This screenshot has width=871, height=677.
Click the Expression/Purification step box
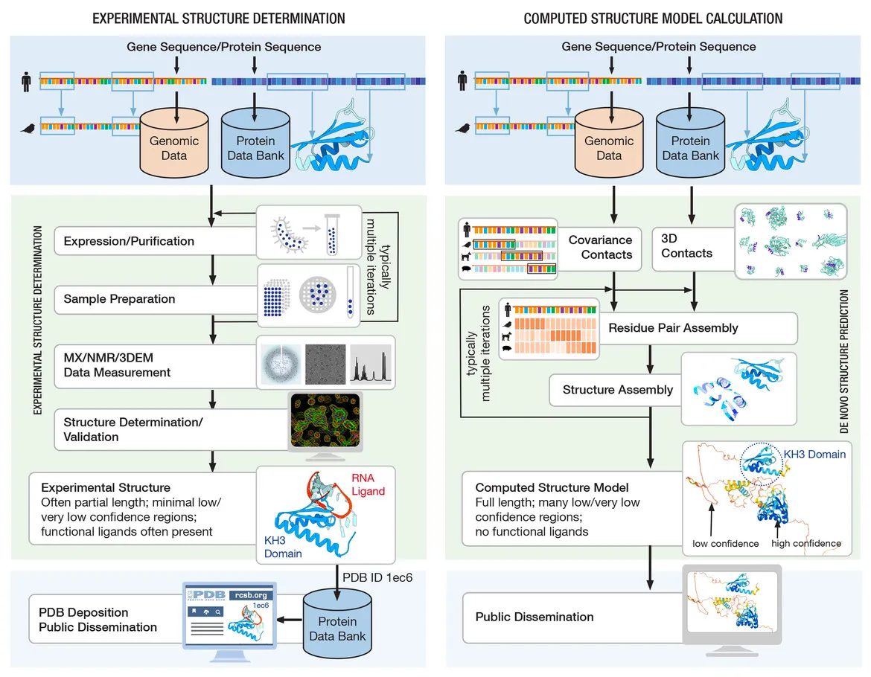pyautogui.click(x=129, y=241)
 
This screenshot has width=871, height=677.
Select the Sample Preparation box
pyautogui.click(x=119, y=299)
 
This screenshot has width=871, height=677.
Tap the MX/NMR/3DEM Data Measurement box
pyautogui.click(x=117, y=365)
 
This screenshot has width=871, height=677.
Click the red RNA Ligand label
pyautogui.click(x=369, y=485)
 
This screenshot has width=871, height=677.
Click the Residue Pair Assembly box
pyautogui.click(x=673, y=327)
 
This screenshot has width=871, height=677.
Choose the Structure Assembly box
pyautogui.click(x=617, y=390)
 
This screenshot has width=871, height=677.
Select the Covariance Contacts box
pyautogui.click(x=600, y=247)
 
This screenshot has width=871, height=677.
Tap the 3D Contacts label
pyautogui.click(x=686, y=246)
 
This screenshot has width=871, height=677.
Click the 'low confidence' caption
pyautogui.click(x=725, y=544)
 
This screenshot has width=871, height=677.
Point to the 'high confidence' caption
pyautogui.click(x=806, y=544)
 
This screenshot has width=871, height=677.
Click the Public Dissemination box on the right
pyautogui.click(x=534, y=617)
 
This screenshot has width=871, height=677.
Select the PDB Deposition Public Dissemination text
pyautogui.click(x=98, y=619)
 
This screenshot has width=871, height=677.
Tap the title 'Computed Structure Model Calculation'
pyautogui.click(x=653, y=19)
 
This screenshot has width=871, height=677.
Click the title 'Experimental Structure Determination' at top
pyautogui.click(x=218, y=19)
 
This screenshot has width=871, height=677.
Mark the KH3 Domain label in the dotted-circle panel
pyautogui.click(x=814, y=454)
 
